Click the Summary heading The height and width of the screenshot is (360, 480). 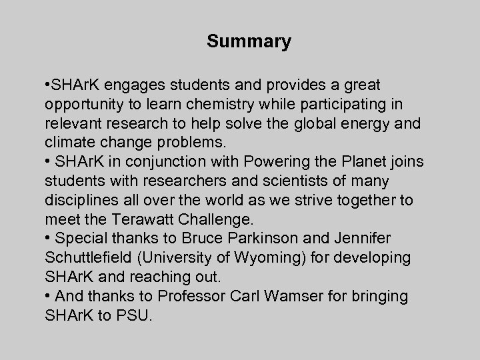(x=249, y=42)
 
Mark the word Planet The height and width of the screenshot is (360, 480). (x=371, y=161)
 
